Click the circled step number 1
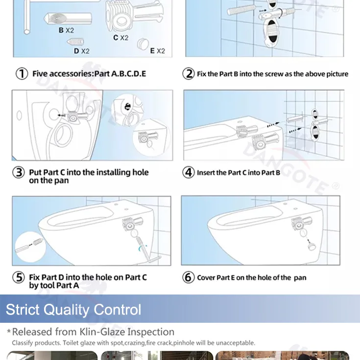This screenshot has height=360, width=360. point(22,74)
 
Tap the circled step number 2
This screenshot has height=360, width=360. point(189,74)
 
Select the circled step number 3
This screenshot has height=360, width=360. point(19,173)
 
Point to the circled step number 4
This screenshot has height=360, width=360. point(189,172)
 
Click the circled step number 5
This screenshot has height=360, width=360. point(19,277)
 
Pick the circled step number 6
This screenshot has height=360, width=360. point(189,277)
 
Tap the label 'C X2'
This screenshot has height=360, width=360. point(120,38)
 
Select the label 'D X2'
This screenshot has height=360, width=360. point(81,50)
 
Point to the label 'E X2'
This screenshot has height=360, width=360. point(157,50)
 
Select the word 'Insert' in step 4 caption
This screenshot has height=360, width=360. point(205,172)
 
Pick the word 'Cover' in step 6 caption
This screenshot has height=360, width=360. point(206,277)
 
